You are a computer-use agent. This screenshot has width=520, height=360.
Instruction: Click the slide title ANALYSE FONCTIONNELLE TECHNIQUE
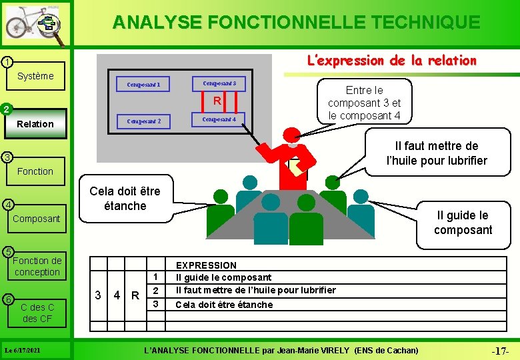(x=296, y=23)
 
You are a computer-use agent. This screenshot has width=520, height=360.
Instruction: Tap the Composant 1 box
(x=148, y=85)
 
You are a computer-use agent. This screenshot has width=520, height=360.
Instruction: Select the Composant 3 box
(x=219, y=83)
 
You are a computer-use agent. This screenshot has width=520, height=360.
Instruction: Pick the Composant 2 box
(x=148, y=121)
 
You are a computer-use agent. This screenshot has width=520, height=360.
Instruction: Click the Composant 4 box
(x=219, y=119)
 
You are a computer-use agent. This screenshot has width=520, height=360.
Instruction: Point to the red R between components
(x=217, y=101)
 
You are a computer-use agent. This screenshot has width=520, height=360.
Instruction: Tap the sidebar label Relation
(x=35, y=124)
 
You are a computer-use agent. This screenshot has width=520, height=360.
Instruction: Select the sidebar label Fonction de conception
(x=37, y=266)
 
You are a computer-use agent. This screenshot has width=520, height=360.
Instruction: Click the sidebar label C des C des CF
(x=37, y=313)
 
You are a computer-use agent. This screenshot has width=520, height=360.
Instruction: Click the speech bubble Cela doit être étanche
(x=125, y=198)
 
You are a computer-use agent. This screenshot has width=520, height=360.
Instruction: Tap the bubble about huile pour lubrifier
(x=437, y=153)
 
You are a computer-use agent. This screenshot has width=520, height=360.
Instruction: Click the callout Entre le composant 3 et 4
(x=364, y=103)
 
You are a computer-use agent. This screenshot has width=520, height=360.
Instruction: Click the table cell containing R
(x=135, y=295)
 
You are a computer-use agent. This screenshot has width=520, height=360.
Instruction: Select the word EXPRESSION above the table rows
(x=206, y=265)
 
